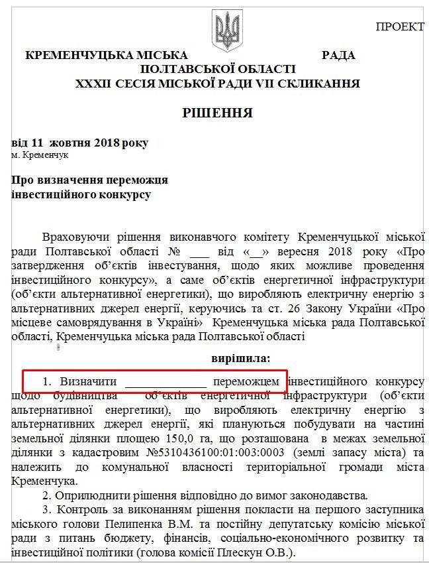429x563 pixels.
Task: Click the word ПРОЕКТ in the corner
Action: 400,27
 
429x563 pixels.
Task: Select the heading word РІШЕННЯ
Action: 218,113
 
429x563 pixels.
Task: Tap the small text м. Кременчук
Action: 40,155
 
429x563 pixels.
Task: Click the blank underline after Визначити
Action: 166,383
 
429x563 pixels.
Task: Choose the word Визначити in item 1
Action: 89,382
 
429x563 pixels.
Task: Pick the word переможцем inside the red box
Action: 246,382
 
